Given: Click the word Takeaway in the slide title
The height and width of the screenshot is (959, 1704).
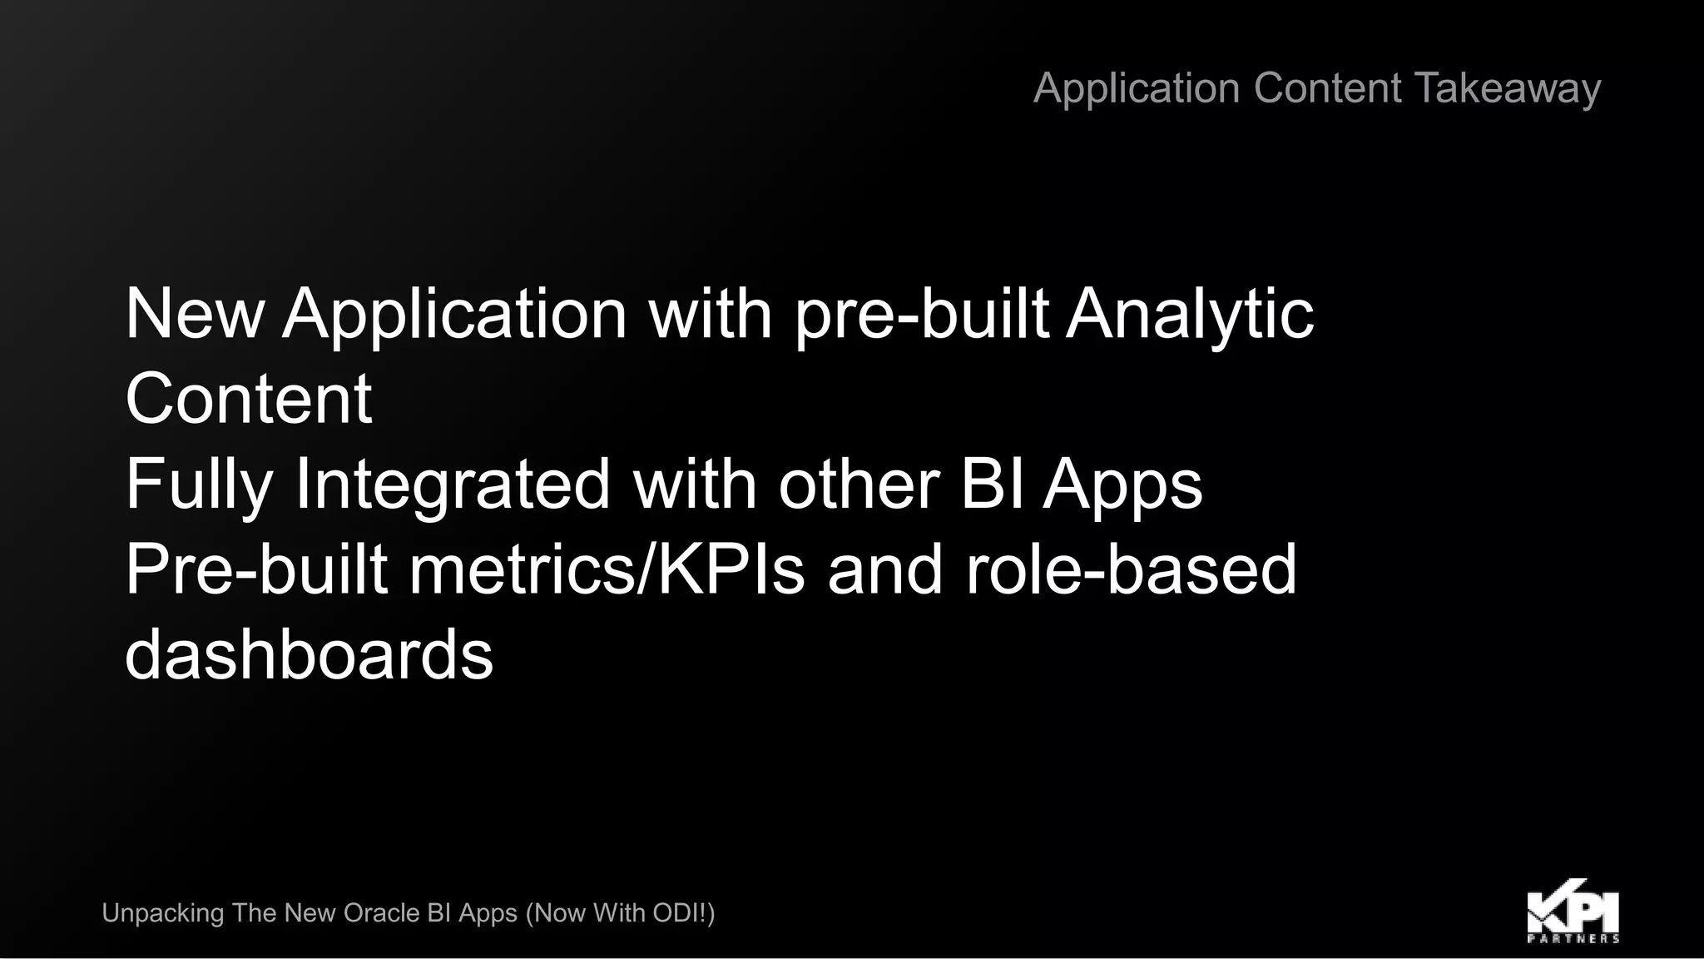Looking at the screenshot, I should click(x=1507, y=88).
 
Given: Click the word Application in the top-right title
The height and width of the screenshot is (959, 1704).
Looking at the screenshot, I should click(x=1137, y=88).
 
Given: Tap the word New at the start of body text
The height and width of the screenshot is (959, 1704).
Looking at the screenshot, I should click(x=195, y=314).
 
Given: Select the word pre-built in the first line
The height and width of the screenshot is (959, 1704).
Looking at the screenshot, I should click(x=922, y=314).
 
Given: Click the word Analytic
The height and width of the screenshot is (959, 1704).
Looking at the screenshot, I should click(x=1190, y=314).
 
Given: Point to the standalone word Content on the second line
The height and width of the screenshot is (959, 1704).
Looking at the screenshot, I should click(x=248, y=399).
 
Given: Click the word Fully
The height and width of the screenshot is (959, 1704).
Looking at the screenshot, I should click(x=199, y=484).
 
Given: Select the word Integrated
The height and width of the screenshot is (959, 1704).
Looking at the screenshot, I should click(x=453, y=484).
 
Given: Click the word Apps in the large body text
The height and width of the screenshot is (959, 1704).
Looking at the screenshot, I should click(x=1122, y=484).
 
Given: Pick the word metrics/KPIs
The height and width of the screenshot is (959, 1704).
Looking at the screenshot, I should click(x=607, y=569).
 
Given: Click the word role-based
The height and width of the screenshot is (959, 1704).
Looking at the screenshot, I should click(x=1131, y=569).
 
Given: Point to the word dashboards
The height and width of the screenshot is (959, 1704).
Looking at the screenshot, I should click(x=309, y=655).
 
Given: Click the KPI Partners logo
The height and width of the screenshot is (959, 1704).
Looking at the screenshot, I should click(x=1573, y=909).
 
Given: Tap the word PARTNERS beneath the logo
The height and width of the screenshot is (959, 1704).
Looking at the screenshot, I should click(x=1573, y=938).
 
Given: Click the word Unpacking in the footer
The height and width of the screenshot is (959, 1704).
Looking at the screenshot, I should click(x=163, y=913).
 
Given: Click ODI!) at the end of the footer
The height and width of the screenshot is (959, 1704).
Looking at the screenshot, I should click(x=683, y=913).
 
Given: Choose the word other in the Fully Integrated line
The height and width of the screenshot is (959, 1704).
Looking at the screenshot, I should click(x=859, y=484).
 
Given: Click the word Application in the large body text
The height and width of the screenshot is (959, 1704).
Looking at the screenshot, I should click(x=454, y=314).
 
